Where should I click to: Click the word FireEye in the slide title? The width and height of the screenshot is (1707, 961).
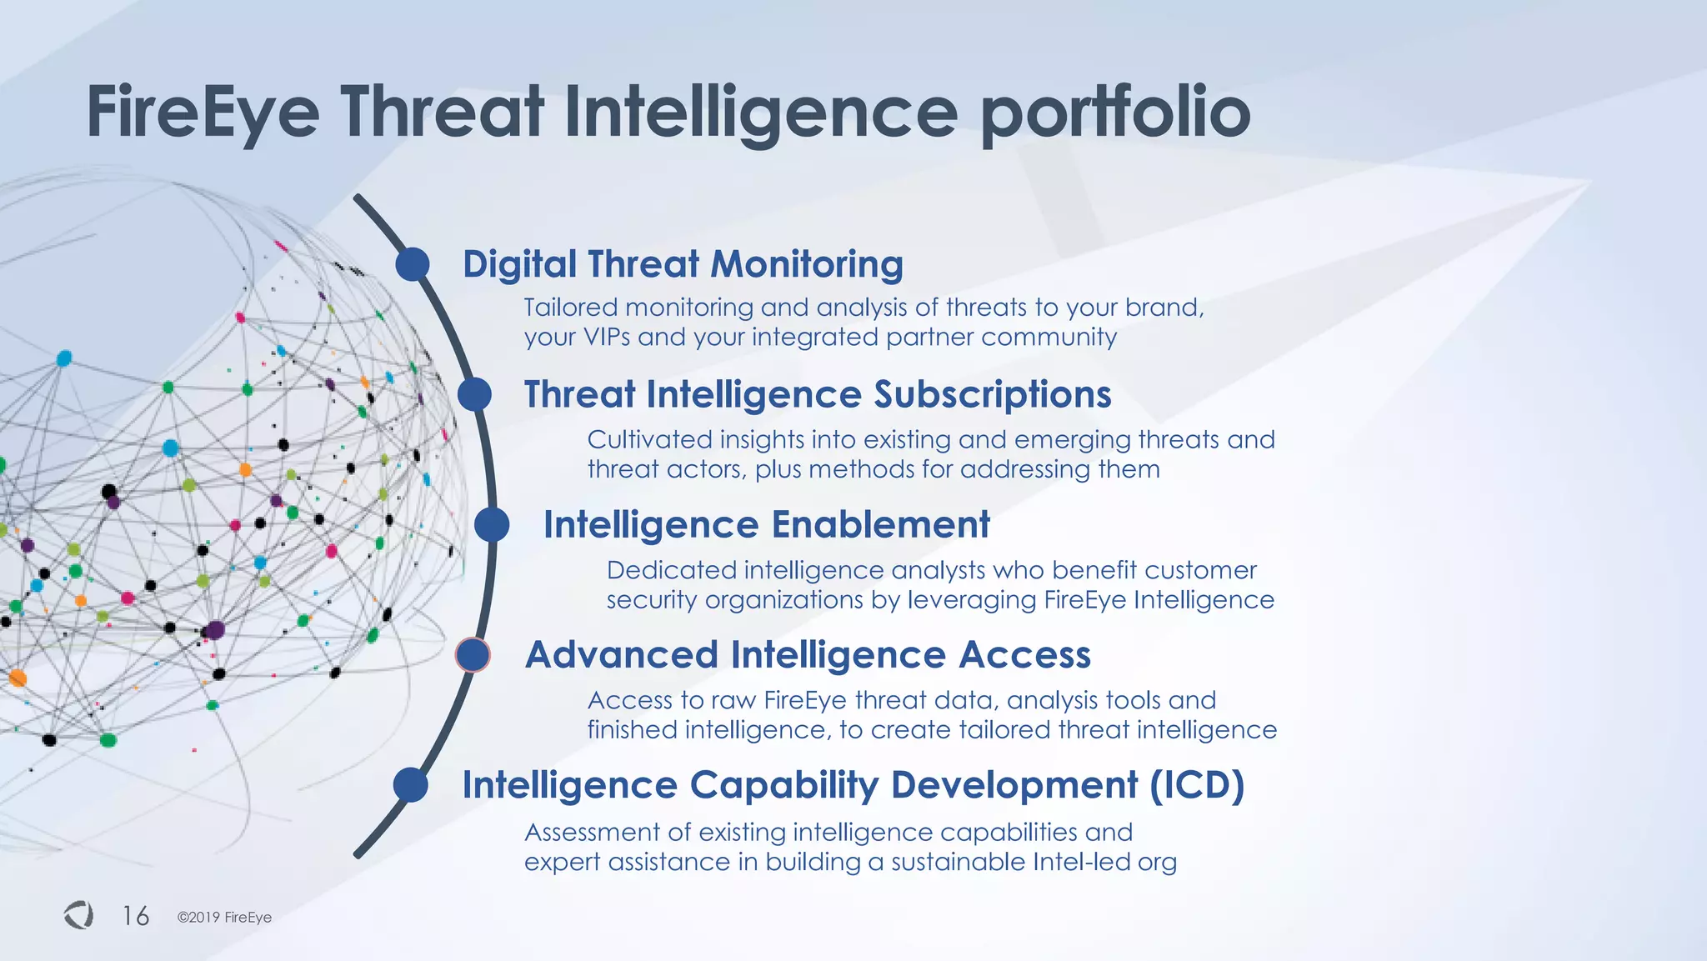point(203,113)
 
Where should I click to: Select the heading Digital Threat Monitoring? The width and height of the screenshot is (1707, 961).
point(683,264)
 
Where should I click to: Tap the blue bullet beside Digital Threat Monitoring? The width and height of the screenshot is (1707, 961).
point(413,264)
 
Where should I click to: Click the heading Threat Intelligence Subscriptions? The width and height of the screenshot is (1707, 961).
point(817,394)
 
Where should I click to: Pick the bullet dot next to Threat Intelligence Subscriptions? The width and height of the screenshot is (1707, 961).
point(474,394)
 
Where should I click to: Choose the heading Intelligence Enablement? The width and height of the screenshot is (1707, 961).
point(766,525)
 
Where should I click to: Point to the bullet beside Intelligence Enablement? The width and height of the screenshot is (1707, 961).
point(492,525)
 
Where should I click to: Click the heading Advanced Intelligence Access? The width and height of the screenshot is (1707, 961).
point(807,655)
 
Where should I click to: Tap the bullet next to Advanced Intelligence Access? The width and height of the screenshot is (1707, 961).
point(473,655)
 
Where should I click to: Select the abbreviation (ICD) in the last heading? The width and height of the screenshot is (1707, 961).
point(1197,785)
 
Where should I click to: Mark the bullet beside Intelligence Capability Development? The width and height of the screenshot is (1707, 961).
point(410,785)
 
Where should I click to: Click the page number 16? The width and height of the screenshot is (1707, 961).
point(136,916)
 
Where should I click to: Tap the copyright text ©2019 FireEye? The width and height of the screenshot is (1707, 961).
point(224,918)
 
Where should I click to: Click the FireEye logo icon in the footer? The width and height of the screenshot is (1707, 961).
point(78,915)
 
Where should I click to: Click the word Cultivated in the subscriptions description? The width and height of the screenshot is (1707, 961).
point(649,440)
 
